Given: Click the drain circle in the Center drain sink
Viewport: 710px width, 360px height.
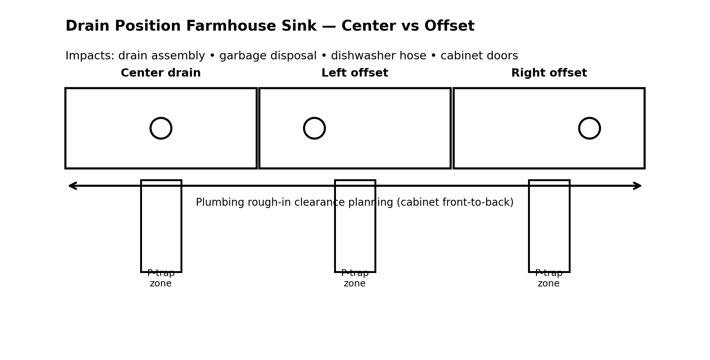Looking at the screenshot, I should [x=161, y=128].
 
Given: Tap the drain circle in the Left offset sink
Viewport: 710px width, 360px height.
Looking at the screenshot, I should [x=314, y=128].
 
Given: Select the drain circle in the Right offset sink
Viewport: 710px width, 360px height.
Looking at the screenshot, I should [x=589, y=128].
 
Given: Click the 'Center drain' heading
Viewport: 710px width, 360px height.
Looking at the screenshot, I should [x=161, y=73].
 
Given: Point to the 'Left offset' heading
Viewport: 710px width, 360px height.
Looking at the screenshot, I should [x=355, y=73].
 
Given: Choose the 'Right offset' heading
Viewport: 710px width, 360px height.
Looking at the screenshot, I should [x=549, y=73].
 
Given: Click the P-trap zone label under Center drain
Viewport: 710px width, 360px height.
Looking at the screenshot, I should [x=161, y=279].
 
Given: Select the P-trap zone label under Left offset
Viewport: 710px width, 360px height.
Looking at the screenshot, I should [x=355, y=279].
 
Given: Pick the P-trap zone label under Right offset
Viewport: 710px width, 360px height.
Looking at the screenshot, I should [x=549, y=279].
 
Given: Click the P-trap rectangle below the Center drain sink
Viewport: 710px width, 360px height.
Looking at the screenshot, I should [x=161, y=232].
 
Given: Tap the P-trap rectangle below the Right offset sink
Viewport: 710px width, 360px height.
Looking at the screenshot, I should [x=549, y=232].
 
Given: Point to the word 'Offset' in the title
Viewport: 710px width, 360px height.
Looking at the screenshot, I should [x=449, y=27].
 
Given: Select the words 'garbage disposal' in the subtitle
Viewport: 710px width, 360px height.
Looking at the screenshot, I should [x=268, y=56].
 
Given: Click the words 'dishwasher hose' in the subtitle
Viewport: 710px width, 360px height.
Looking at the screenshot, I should [x=379, y=56].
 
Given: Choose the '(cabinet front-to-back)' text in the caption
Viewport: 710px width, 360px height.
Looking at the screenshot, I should [x=455, y=203].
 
